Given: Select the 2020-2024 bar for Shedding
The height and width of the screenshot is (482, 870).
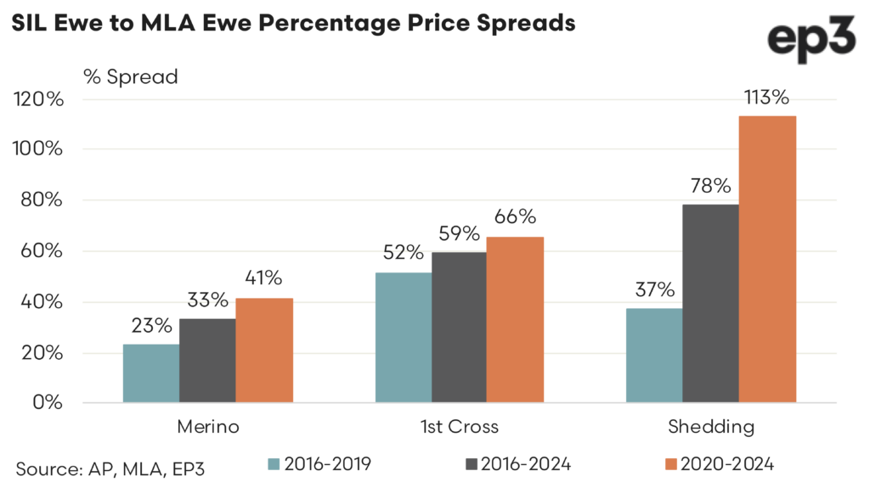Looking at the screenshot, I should click(767, 259).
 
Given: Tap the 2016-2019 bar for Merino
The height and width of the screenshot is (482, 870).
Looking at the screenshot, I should click(151, 373).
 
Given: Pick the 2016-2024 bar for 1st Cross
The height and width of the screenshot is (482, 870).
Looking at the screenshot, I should click(460, 327).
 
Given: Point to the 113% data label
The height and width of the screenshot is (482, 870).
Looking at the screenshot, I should click(766, 98).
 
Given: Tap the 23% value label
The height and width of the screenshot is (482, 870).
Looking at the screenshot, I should click(151, 326).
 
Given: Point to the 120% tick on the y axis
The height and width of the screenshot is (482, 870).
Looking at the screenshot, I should click(39, 99).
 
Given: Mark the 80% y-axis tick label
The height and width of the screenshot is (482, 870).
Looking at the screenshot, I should click(42, 200).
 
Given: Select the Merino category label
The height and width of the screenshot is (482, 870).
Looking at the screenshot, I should click(208, 427).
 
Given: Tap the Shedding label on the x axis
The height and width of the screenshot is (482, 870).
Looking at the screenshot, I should click(710, 427).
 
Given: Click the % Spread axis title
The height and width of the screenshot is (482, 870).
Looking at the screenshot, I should click(130, 76).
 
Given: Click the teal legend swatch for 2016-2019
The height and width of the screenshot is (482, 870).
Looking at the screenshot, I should click(273, 463).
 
